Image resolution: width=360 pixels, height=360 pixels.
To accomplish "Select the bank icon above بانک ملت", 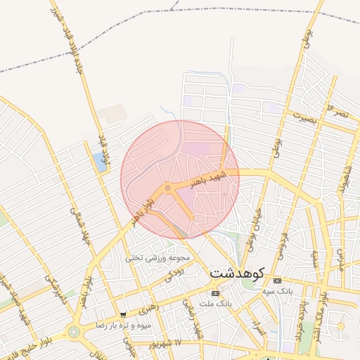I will point(215,293).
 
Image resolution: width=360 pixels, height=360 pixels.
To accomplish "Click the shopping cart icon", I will point(124,315).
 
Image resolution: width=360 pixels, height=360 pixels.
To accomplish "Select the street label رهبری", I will point(148,307).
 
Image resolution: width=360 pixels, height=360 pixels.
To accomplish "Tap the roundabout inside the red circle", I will point(167,188).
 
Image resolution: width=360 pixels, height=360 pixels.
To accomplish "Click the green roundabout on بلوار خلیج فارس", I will point(73,332).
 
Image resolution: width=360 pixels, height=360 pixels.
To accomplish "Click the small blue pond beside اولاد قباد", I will point(96,162).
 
